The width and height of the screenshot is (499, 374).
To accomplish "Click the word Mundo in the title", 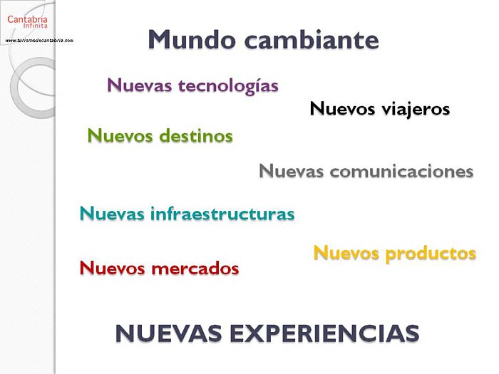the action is tap(192, 39).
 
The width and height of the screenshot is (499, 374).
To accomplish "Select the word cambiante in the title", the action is tap(312, 39).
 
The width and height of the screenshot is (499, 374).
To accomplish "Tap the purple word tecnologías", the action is tap(229, 86).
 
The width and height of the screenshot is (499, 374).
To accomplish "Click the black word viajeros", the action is tap(416, 109).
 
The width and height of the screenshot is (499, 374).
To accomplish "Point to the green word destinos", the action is tap(196, 136).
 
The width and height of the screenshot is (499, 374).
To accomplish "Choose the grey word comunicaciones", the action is tap(401, 171).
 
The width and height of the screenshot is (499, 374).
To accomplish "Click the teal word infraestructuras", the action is tap(222, 213).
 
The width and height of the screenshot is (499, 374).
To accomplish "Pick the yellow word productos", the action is tap(431, 254).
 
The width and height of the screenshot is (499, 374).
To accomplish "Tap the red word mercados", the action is tap(195, 268).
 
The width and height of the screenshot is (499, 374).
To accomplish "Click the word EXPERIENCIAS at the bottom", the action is tap(324, 333).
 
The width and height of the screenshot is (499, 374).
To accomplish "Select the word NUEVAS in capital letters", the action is tap(169, 333).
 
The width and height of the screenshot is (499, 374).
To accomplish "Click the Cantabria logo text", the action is tap(27, 19).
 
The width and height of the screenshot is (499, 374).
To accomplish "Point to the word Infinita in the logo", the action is tap(36, 26).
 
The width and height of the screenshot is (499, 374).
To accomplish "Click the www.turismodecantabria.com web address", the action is tap(39, 41).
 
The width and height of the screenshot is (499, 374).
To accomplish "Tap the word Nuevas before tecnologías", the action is tap(140, 85).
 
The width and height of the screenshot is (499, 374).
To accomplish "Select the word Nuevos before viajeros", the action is tap(342, 109).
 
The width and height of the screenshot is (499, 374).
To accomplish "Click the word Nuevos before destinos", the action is tap(120, 136).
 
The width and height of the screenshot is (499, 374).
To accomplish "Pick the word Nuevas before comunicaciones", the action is tap(291, 171).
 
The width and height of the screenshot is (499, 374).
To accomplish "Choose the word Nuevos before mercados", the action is tap(113, 268).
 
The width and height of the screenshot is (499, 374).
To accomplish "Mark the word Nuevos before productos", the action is tap(346, 253).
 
